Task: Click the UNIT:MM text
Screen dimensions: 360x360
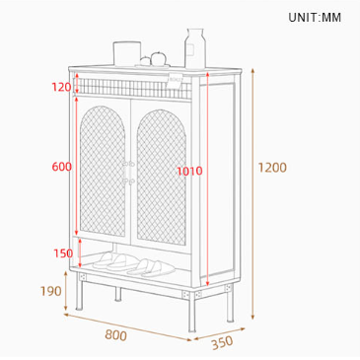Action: (314, 17)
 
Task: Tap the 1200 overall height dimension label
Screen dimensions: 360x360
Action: (272, 168)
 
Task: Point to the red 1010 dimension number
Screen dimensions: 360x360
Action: (189, 171)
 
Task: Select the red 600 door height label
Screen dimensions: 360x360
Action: (61, 167)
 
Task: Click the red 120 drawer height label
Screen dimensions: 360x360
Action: (61, 87)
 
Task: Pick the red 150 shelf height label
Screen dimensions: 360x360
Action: (63, 252)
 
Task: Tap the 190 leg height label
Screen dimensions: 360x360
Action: (50, 291)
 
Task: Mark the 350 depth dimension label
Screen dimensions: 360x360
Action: (222, 342)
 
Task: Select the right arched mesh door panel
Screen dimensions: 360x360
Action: (159, 173)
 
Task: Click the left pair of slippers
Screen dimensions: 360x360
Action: (114, 261)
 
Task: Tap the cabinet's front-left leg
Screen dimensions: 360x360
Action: (79, 295)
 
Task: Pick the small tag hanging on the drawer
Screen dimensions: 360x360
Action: (176, 82)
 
